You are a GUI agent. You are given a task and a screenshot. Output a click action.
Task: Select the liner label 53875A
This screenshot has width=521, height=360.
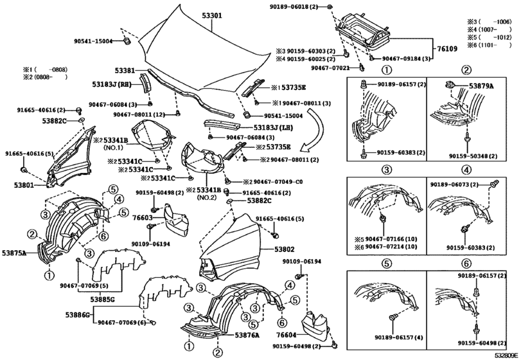tap(14, 254)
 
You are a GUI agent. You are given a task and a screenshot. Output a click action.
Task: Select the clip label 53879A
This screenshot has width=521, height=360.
tap(481, 85)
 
